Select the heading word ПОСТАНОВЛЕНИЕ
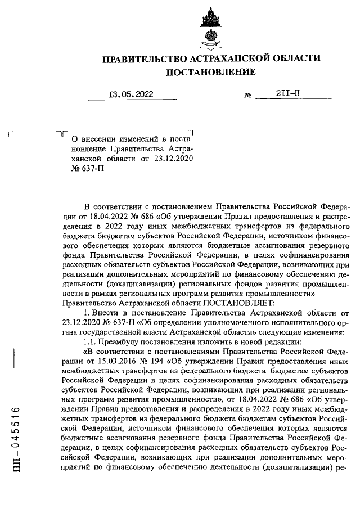pyautogui.click(x=211, y=72)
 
